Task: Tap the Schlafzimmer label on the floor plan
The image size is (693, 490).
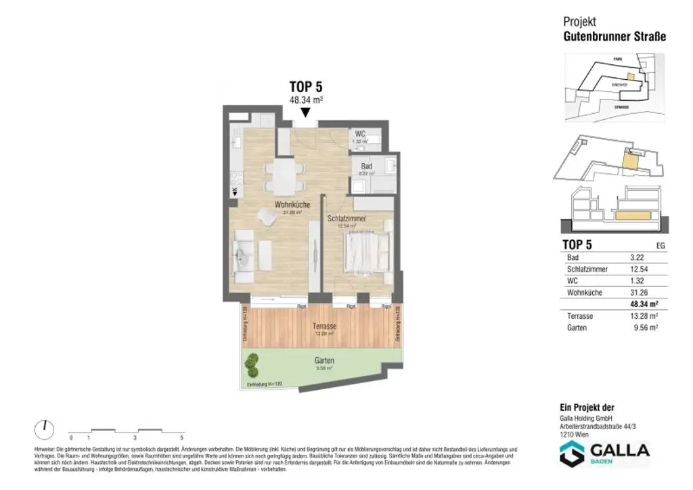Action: click(346, 219)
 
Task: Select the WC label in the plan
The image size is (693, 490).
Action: click(360, 134)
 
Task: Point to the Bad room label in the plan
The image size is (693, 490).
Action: click(366, 166)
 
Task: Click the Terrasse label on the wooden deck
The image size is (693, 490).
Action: click(324, 326)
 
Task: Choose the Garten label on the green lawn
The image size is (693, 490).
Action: click(324, 361)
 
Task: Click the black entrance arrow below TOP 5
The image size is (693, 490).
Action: click(305, 112)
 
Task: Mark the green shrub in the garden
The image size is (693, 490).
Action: click(252, 366)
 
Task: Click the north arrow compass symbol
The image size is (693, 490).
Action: click(43, 428)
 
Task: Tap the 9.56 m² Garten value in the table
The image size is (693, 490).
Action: click(644, 327)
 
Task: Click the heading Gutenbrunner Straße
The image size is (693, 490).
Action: click(614, 37)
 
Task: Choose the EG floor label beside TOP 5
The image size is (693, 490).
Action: click(661, 246)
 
